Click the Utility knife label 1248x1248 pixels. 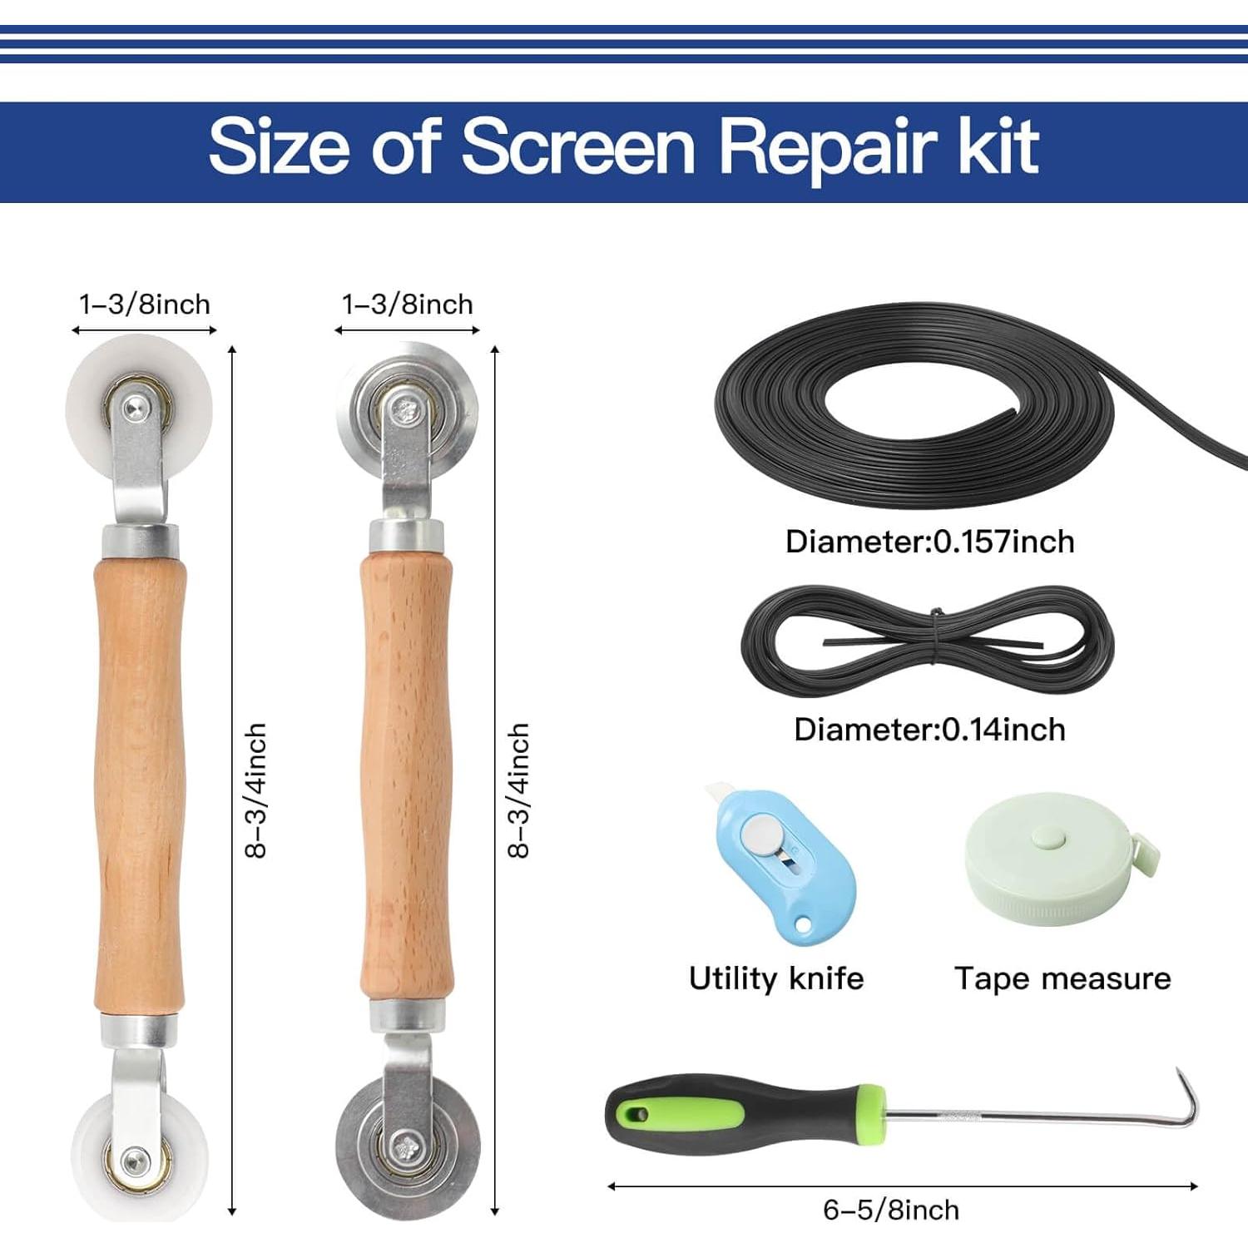[775, 978]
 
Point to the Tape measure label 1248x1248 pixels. [1062, 978]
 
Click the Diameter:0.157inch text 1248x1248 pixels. [929, 542]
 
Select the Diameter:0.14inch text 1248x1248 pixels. [929, 730]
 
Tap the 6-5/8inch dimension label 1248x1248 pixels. [890, 1210]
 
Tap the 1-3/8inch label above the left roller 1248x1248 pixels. [144, 305]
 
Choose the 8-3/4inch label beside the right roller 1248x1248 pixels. [518, 790]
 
